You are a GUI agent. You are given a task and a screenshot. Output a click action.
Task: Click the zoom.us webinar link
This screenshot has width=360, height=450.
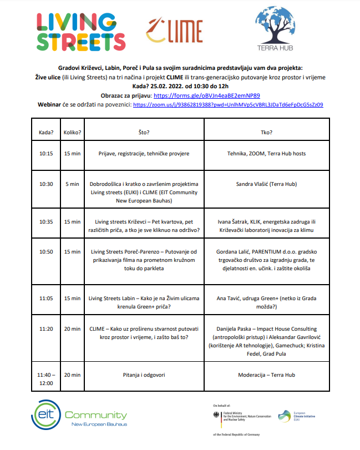coord(228,104)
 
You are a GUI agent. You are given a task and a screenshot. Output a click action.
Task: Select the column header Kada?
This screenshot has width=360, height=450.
coord(46,133)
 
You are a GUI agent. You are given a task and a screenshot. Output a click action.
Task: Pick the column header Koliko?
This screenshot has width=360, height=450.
coord(72,133)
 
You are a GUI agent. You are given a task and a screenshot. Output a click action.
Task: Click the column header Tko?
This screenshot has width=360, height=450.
coord(266,133)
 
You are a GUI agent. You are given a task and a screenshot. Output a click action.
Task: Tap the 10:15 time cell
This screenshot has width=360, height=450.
coord(46,153)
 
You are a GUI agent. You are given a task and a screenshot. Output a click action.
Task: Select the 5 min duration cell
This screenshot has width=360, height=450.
coord(72,184)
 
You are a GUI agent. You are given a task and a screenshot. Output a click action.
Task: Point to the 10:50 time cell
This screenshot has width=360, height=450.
coord(46,251)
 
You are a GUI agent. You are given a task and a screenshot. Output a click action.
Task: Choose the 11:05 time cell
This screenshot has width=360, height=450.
coord(46,298)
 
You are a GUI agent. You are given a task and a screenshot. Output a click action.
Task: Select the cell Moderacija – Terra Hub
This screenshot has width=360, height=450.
coord(266,375)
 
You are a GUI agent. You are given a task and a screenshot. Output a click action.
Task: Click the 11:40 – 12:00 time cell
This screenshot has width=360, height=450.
coord(46,379)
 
